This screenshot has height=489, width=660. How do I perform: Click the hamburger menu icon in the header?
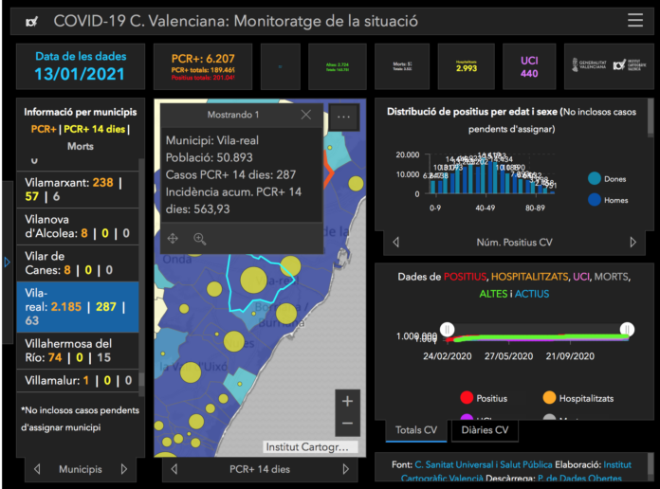point(635,20)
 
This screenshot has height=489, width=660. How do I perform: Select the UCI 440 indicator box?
point(529,66)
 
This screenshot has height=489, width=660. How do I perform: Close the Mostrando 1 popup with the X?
point(305,115)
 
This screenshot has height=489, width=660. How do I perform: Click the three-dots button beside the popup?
point(344,117)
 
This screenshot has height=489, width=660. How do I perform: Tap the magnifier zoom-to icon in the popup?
point(200,239)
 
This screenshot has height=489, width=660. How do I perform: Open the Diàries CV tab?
point(484,429)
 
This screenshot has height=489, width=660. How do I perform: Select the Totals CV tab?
point(416,429)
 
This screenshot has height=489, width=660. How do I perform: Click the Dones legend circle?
point(595,178)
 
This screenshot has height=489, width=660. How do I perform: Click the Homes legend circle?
point(595,199)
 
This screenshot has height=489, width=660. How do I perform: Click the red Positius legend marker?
point(466,398)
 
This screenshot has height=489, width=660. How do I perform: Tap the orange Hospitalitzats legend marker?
point(550,398)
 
